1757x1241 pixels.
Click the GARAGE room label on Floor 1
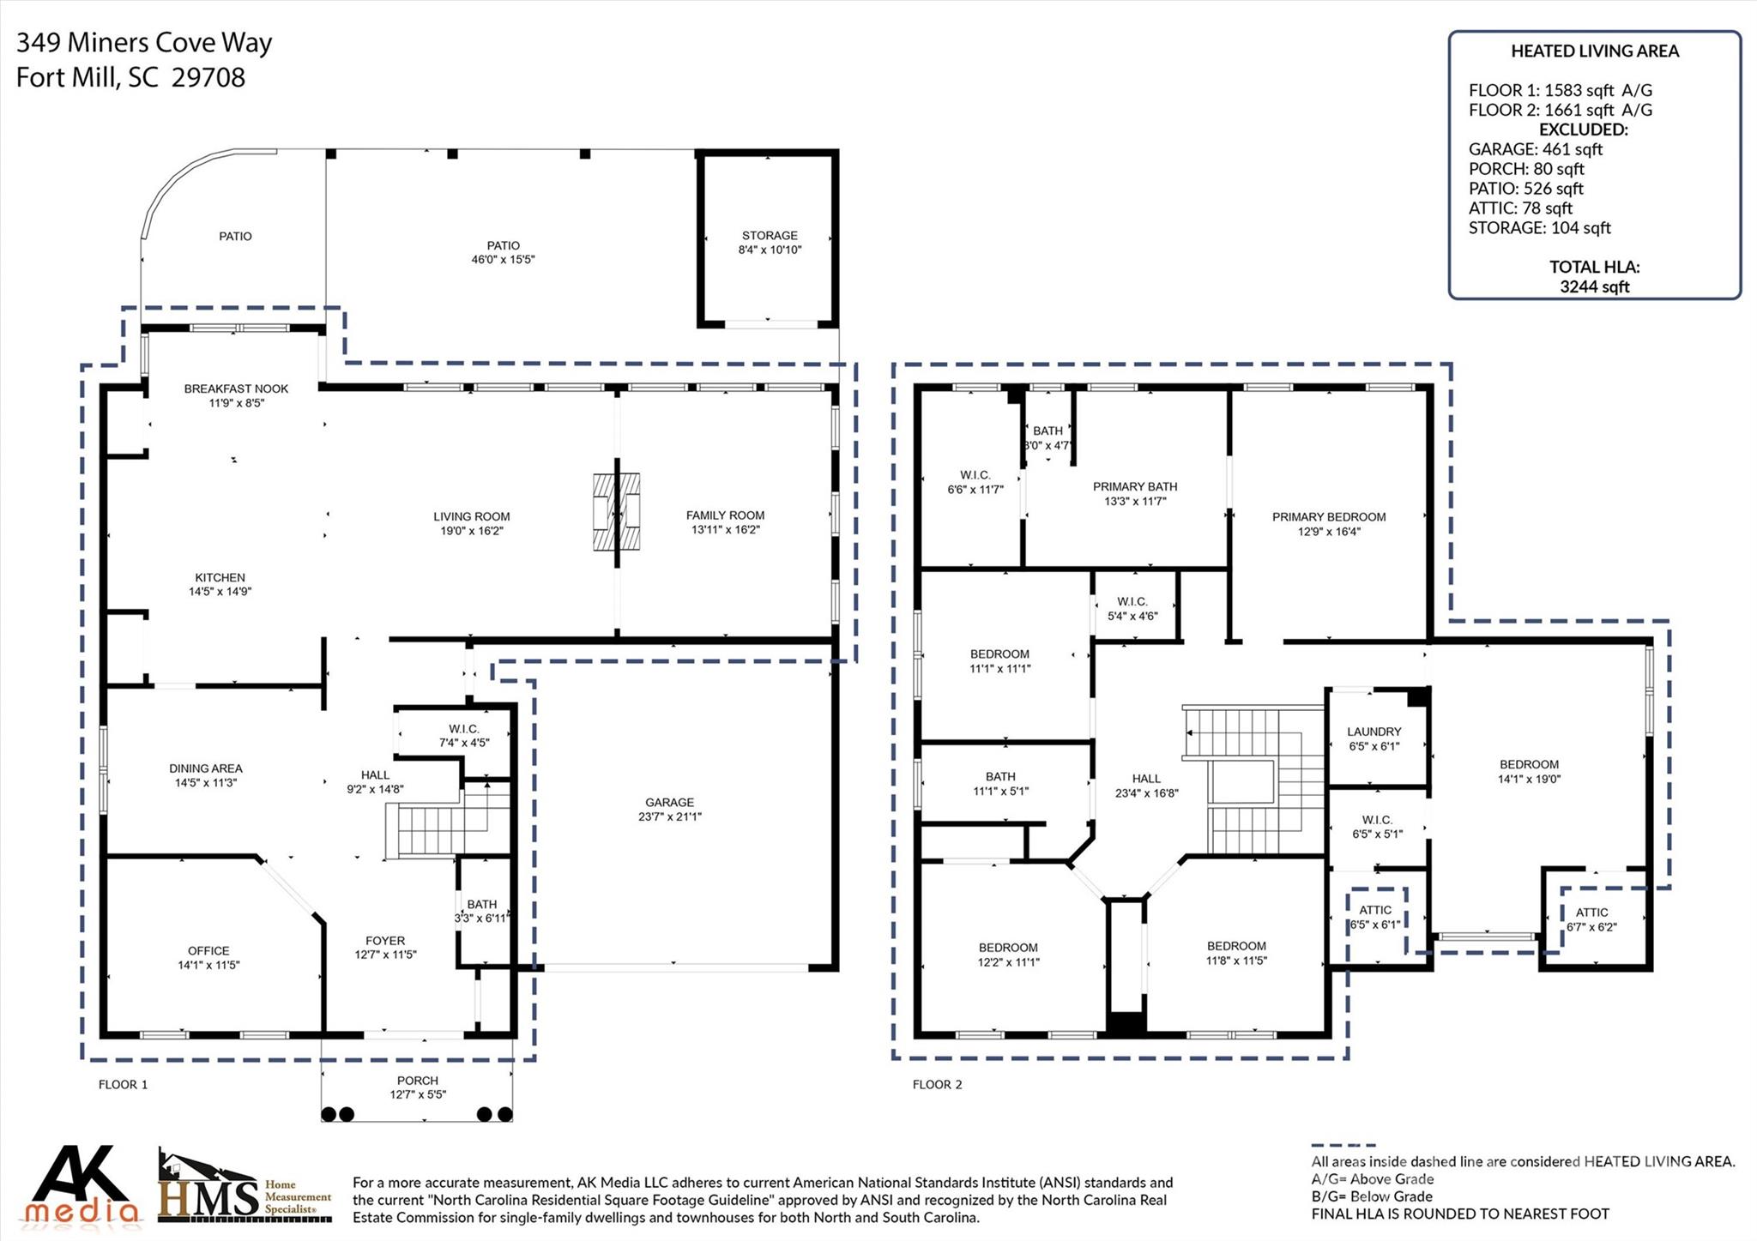point(669,803)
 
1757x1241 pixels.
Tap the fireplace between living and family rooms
point(617,512)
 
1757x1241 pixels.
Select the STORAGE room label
point(770,236)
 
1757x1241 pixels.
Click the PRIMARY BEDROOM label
point(1329,517)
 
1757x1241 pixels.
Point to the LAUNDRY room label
point(1374,732)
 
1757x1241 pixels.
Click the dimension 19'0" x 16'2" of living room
point(471,531)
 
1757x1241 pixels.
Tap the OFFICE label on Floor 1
point(208,951)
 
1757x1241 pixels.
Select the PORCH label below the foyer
point(418,1081)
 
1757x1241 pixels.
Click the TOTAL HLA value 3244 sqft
point(1594,287)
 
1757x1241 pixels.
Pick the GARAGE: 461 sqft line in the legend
point(1535,149)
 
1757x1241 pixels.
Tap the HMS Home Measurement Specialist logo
point(245,1189)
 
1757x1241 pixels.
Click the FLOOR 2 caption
point(937,1085)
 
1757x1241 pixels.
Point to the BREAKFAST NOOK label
point(236,389)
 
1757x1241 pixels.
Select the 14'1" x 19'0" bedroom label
point(1529,780)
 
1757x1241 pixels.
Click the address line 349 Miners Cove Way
point(144,43)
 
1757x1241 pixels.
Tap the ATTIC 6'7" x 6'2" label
point(1591,913)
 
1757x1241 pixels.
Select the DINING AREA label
point(206,768)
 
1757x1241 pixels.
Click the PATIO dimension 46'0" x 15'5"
point(503,259)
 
